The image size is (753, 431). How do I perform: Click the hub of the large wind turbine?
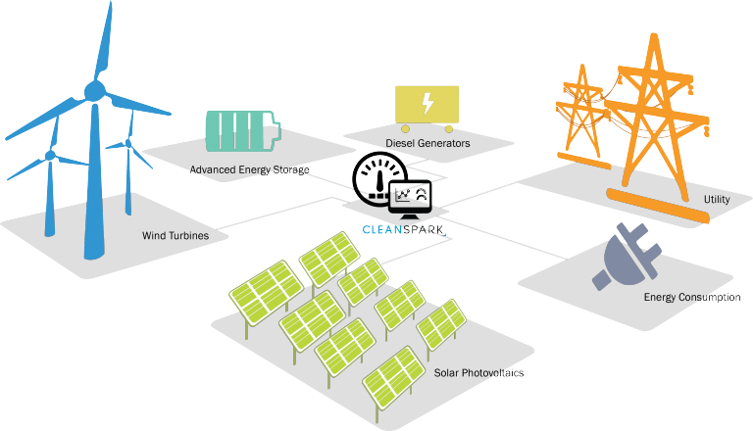pos(94,92)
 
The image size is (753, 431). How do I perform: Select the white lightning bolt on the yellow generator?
pos(427,103)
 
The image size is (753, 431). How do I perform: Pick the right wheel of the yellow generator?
pos(449,128)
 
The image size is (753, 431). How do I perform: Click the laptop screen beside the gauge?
pos(411,194)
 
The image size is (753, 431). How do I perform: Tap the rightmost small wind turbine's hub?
pos(128,144)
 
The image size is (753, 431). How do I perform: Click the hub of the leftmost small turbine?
pos(49,155)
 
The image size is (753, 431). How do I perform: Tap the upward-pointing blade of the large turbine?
pos(103,39)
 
